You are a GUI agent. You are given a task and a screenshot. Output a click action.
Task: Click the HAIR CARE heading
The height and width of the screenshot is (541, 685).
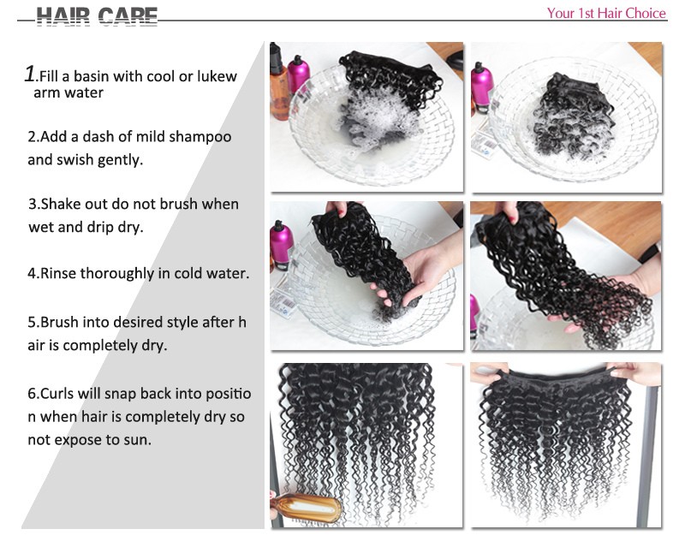point(97,16)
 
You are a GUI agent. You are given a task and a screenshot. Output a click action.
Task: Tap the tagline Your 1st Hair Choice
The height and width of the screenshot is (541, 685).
point(606,13)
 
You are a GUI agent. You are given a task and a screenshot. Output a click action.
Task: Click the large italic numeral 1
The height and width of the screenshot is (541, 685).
point(30,74)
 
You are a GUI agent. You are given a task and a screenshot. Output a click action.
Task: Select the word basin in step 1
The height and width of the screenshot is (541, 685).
point(91,76)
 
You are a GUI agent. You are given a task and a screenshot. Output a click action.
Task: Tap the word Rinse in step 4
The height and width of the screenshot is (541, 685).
point(58,273)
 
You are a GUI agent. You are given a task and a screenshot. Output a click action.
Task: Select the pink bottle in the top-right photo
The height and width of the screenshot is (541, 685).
point(481,88)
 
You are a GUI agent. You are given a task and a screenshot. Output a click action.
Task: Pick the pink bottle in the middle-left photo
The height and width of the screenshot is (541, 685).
point(281,246)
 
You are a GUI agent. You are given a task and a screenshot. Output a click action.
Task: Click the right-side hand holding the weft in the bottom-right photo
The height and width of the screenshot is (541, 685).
point(636,373)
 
